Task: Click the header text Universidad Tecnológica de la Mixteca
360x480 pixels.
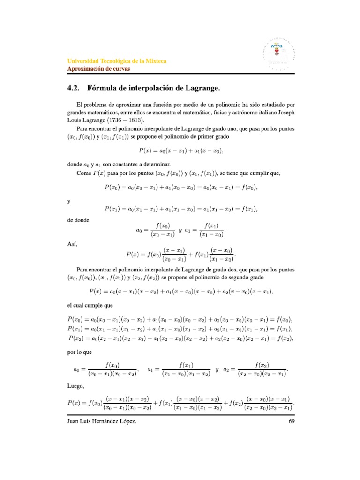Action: (x=117, y=61)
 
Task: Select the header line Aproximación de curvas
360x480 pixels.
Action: (x=98, y=68)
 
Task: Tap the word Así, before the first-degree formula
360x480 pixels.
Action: (x=72, y=244)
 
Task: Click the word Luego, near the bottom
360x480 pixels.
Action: (x=75, y=387)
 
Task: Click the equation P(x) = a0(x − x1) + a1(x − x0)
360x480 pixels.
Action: (x=180, y=150)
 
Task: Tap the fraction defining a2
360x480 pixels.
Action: (x=264, y=369)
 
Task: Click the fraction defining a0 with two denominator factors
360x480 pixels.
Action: (x=113, y=369)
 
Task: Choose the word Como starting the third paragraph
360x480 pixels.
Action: (x=84, y=173)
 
